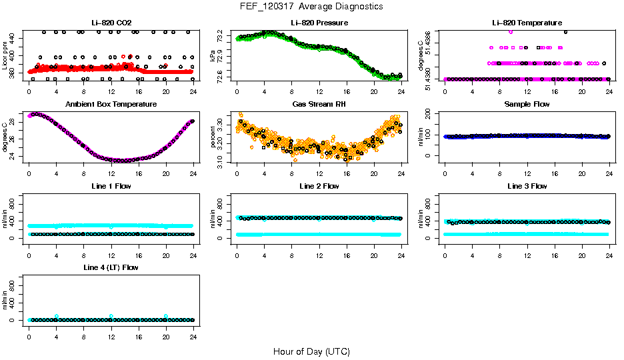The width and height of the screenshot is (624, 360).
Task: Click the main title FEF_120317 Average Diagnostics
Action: [311, 7]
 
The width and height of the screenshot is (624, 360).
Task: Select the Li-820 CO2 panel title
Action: [111, 23]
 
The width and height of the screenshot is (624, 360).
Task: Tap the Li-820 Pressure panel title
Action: [319, 23]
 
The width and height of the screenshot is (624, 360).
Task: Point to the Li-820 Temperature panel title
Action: [527, 23]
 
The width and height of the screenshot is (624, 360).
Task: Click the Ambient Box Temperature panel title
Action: [111, 105]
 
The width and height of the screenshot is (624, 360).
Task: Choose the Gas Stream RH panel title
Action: [319, 105]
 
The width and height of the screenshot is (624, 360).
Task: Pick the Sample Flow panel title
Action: [527, 105]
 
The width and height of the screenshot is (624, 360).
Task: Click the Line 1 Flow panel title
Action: [111, 186]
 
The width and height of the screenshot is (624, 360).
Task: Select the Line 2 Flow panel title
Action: [319, 186]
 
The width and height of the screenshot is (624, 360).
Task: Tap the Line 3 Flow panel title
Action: [527, 186]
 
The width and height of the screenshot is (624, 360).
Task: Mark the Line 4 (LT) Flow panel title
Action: [111, 267]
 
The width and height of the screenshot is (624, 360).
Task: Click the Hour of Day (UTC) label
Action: [311, 351]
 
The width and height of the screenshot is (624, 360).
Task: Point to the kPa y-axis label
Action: [213, 56]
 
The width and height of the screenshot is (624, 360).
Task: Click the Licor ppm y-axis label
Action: [5, 56]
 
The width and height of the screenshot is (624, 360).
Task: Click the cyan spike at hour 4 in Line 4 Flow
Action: [57, 316]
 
